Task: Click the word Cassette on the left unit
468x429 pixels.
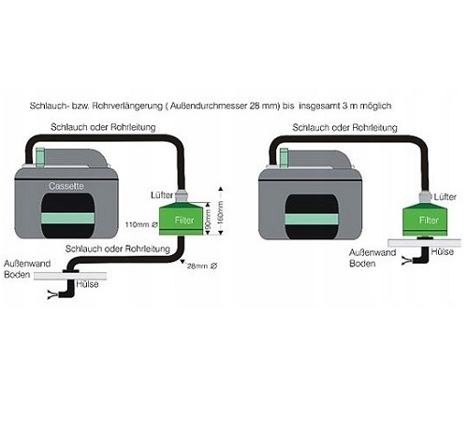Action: coord(66,186)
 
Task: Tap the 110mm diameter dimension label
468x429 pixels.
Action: coord(141,224)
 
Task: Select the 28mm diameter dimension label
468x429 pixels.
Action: coord(202,266)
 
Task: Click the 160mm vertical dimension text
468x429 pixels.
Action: coord(220,215)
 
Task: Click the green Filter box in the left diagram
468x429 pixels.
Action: coord(181,219)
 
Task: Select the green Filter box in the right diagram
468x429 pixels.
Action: coord(425,220)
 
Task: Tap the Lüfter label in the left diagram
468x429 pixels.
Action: coord(162,195)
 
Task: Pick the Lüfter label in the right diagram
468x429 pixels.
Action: coord(446,197)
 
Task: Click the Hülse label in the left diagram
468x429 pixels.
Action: coord(87,284)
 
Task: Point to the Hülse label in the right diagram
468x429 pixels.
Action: coord(442,251)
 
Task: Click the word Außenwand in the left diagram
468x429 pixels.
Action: coord(27,264)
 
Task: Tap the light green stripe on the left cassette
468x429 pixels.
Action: coord(67,218)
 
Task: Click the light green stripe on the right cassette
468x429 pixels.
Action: coord(312,219)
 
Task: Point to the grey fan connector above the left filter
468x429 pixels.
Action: coord(181,195)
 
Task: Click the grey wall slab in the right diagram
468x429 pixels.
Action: coord(424,243)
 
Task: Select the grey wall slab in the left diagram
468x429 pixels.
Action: coord(70,276)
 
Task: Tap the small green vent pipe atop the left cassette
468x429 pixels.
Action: coord(40,158)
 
